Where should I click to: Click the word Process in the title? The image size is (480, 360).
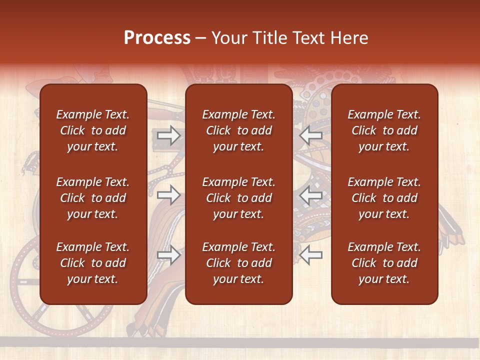tap(157, 38)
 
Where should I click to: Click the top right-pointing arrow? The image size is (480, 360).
tap(168, 135)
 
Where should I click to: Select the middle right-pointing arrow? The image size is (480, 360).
tap(168, 195)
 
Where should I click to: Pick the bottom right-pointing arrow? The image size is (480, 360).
tap(168, 255)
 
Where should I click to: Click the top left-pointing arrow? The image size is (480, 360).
tap(311, 135)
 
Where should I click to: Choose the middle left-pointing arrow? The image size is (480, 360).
tap(311, 195)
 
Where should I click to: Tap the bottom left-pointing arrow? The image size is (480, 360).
tap(311, 255)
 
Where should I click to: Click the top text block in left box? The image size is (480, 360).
tap(93, 130)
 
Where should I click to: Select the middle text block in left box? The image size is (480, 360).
tap(93, 198)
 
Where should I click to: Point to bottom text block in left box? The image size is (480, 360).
tap(93, 263)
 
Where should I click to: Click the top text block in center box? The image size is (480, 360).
tap(238, 130)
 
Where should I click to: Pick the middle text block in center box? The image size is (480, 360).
tap(238, 198)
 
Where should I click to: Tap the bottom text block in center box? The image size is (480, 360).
tap(238, 263)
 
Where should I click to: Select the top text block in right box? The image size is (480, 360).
tap(384, 130)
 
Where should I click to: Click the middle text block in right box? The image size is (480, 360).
tap(384, 198)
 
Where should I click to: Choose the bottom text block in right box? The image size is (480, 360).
tap(384, 263)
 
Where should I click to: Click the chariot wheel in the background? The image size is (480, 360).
tap(25, 290)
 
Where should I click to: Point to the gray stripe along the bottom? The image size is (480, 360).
tap(240, 342)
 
